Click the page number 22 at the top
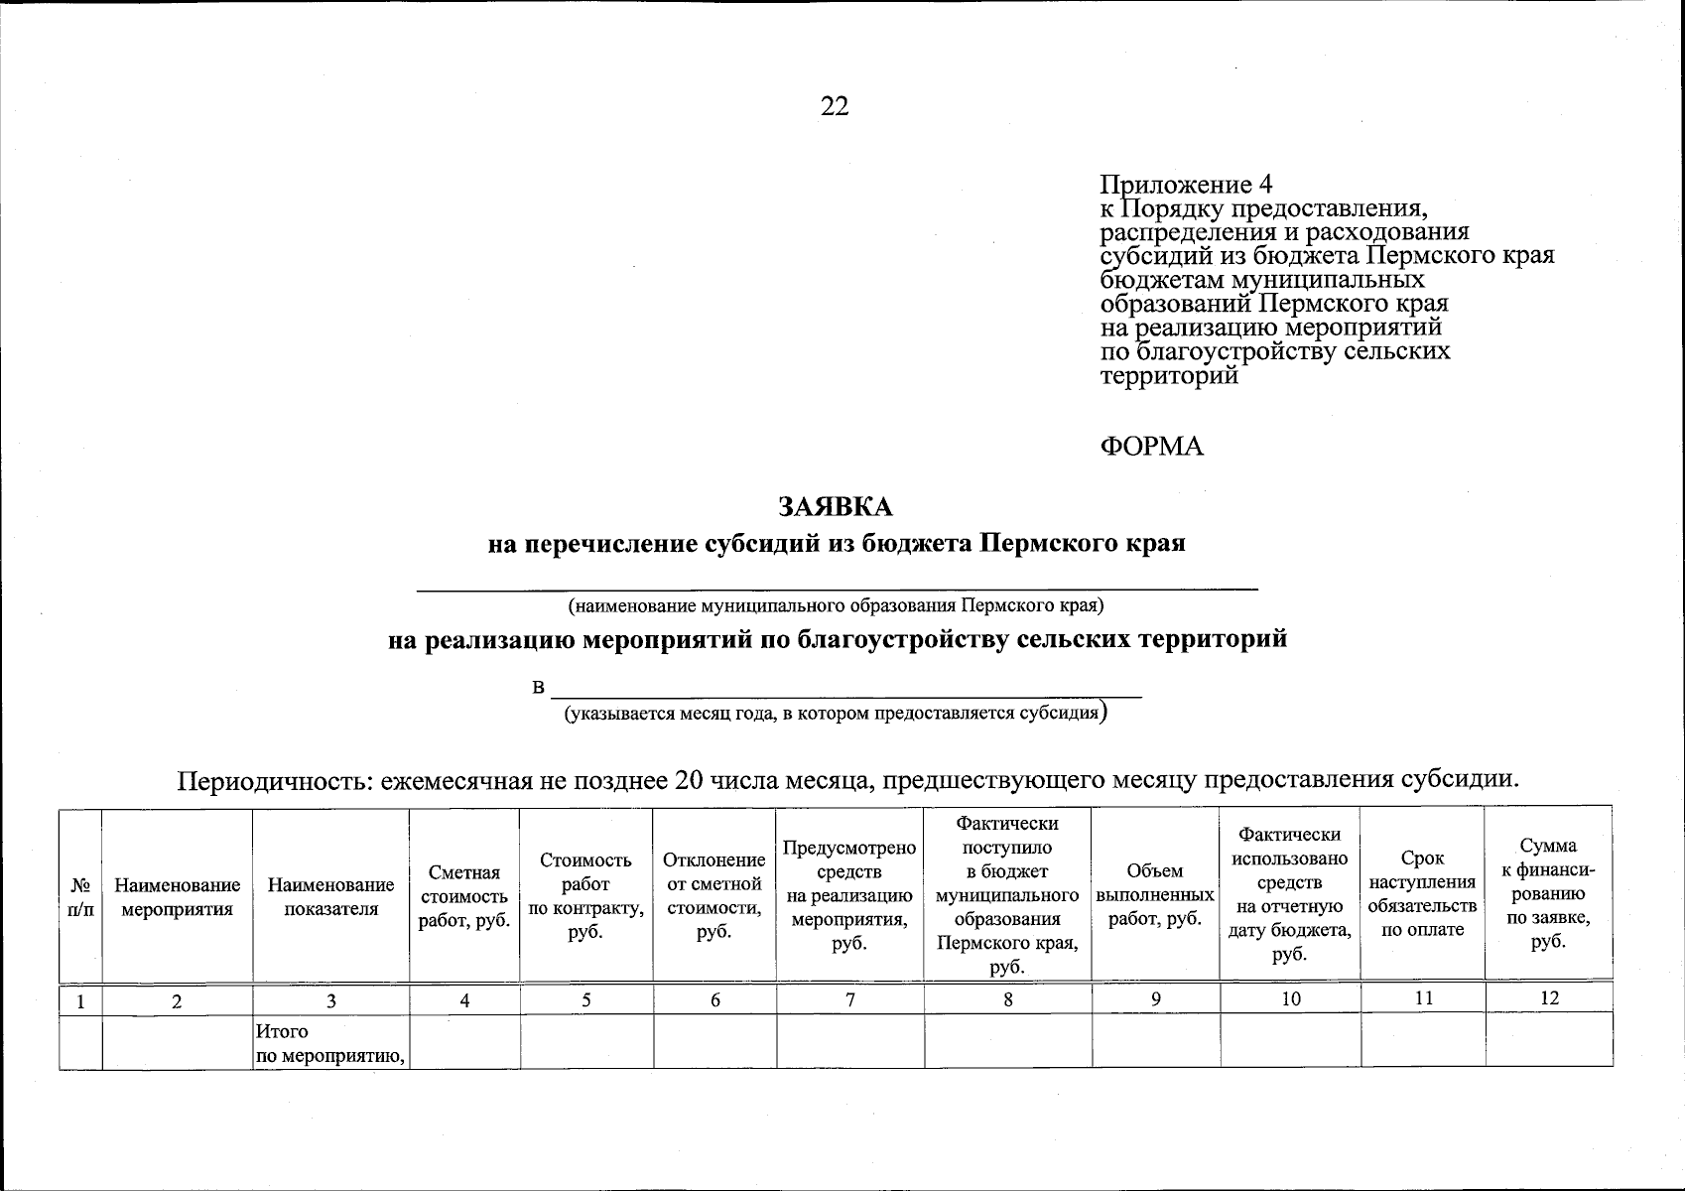(835, 106)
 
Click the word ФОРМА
(1151, 447)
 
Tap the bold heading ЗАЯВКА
(836, 507)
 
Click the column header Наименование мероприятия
(178, 896)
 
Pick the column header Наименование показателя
(330, 896)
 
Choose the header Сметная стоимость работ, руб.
(464, 896)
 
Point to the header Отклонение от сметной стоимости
(714, 896)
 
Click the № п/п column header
(81, 896)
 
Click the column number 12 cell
(1548, 998)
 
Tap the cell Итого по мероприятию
(330, 1044)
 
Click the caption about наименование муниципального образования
(836, 604)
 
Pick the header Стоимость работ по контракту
(585, 896)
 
